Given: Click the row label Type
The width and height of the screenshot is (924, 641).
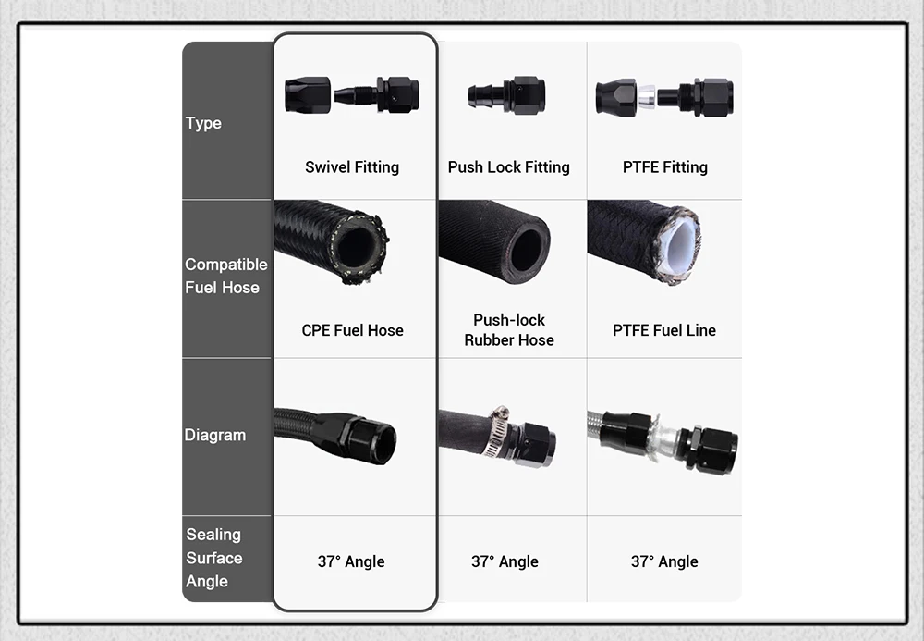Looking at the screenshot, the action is (x=203, y=123).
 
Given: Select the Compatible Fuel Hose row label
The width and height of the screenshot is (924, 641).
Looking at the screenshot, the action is (x=225, y=276).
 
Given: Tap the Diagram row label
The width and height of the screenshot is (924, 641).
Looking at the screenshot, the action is (x=214, y=435).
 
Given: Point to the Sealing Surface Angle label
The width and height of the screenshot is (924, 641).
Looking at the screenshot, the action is (x=213, y=558).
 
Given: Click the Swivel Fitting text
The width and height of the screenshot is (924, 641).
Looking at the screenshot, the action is (x=352, y=167).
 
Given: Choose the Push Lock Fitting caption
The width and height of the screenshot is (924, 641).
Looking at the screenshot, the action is (x=508, y=167).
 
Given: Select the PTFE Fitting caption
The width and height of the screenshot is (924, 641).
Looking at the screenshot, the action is (x=664, y=167).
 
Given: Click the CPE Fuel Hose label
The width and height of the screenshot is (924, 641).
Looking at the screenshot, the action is (x=352, y=330).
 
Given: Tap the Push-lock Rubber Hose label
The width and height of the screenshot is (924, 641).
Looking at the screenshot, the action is (x=509, y=330).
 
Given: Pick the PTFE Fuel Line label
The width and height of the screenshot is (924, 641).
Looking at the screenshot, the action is (x=663, y=330).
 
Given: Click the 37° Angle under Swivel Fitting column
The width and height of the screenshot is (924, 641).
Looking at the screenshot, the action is (x=351, y=561).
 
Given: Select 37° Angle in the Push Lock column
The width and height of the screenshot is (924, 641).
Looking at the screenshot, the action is (x=505, y=561).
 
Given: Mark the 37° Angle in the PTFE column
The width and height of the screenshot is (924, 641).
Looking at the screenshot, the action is (x=664, y=561).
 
